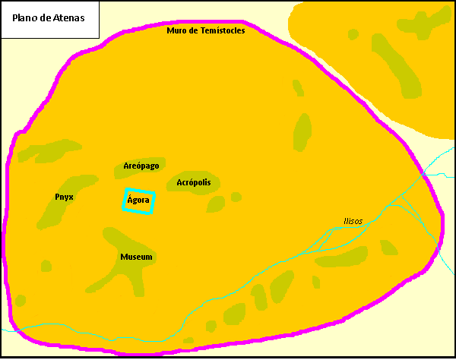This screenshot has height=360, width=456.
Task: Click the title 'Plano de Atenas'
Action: pyautogui.click(x=49, y=17)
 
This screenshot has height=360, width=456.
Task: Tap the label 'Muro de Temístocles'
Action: pyautogui.click(x=205, y=30)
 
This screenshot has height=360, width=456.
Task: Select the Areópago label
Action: pyautogui.click(x=141, y=166)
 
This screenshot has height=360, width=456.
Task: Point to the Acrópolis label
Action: pyautogui.click(x=198, y=182)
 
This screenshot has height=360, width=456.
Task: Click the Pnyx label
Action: pyautogui.click(x=65, y=197)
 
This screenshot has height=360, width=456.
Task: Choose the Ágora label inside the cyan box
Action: pyautogui.click(x=138, y=201)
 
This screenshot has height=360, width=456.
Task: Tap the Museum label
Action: pyautogui.click(x=136, y=257)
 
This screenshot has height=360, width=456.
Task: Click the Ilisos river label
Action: pyautogui.click(x=353, y=221)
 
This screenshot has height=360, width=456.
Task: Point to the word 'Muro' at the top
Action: pyautogui.click(x=176, y=30)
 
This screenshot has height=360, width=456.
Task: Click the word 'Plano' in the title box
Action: pyautogui.click(x=25, y=17)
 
